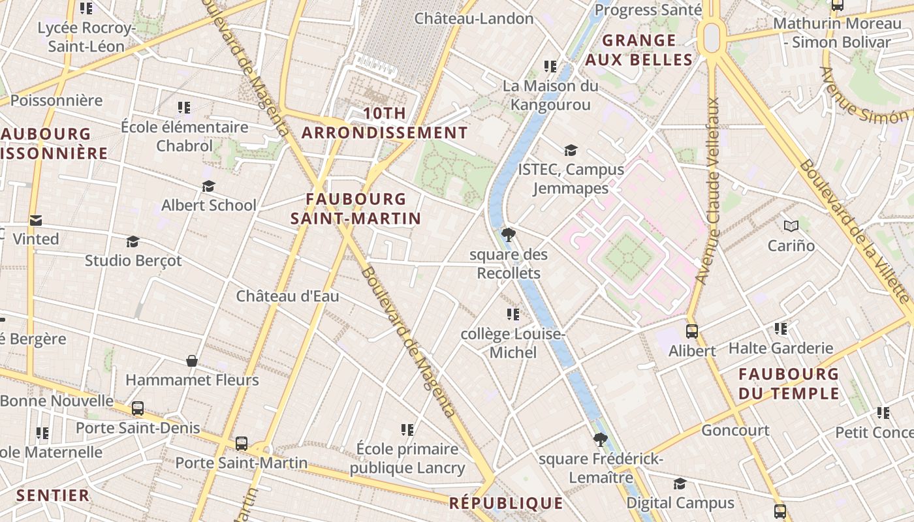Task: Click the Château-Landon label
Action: coord(474,18)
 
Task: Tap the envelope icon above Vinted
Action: coord(35,221)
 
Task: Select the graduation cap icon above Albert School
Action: coord(208,187)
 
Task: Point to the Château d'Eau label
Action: coord(287,296)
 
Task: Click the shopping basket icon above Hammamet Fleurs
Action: coord(192,361)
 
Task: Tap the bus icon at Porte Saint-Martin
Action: coord(242,444)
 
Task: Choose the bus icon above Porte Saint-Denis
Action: coord(138,408)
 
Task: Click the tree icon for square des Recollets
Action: coord(508,235)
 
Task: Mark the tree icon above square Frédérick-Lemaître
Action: coord(600,440)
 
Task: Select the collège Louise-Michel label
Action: coord(512,343)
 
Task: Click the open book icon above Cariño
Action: coord(791,226)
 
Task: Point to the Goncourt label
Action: coord(735,431)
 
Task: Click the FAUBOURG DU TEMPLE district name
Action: coord(789,384)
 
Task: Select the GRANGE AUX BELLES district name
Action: coord(638,50)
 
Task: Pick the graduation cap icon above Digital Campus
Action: coord(680,484)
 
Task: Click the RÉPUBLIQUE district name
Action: coord(505,503)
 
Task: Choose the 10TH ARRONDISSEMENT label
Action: coord(385,123)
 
